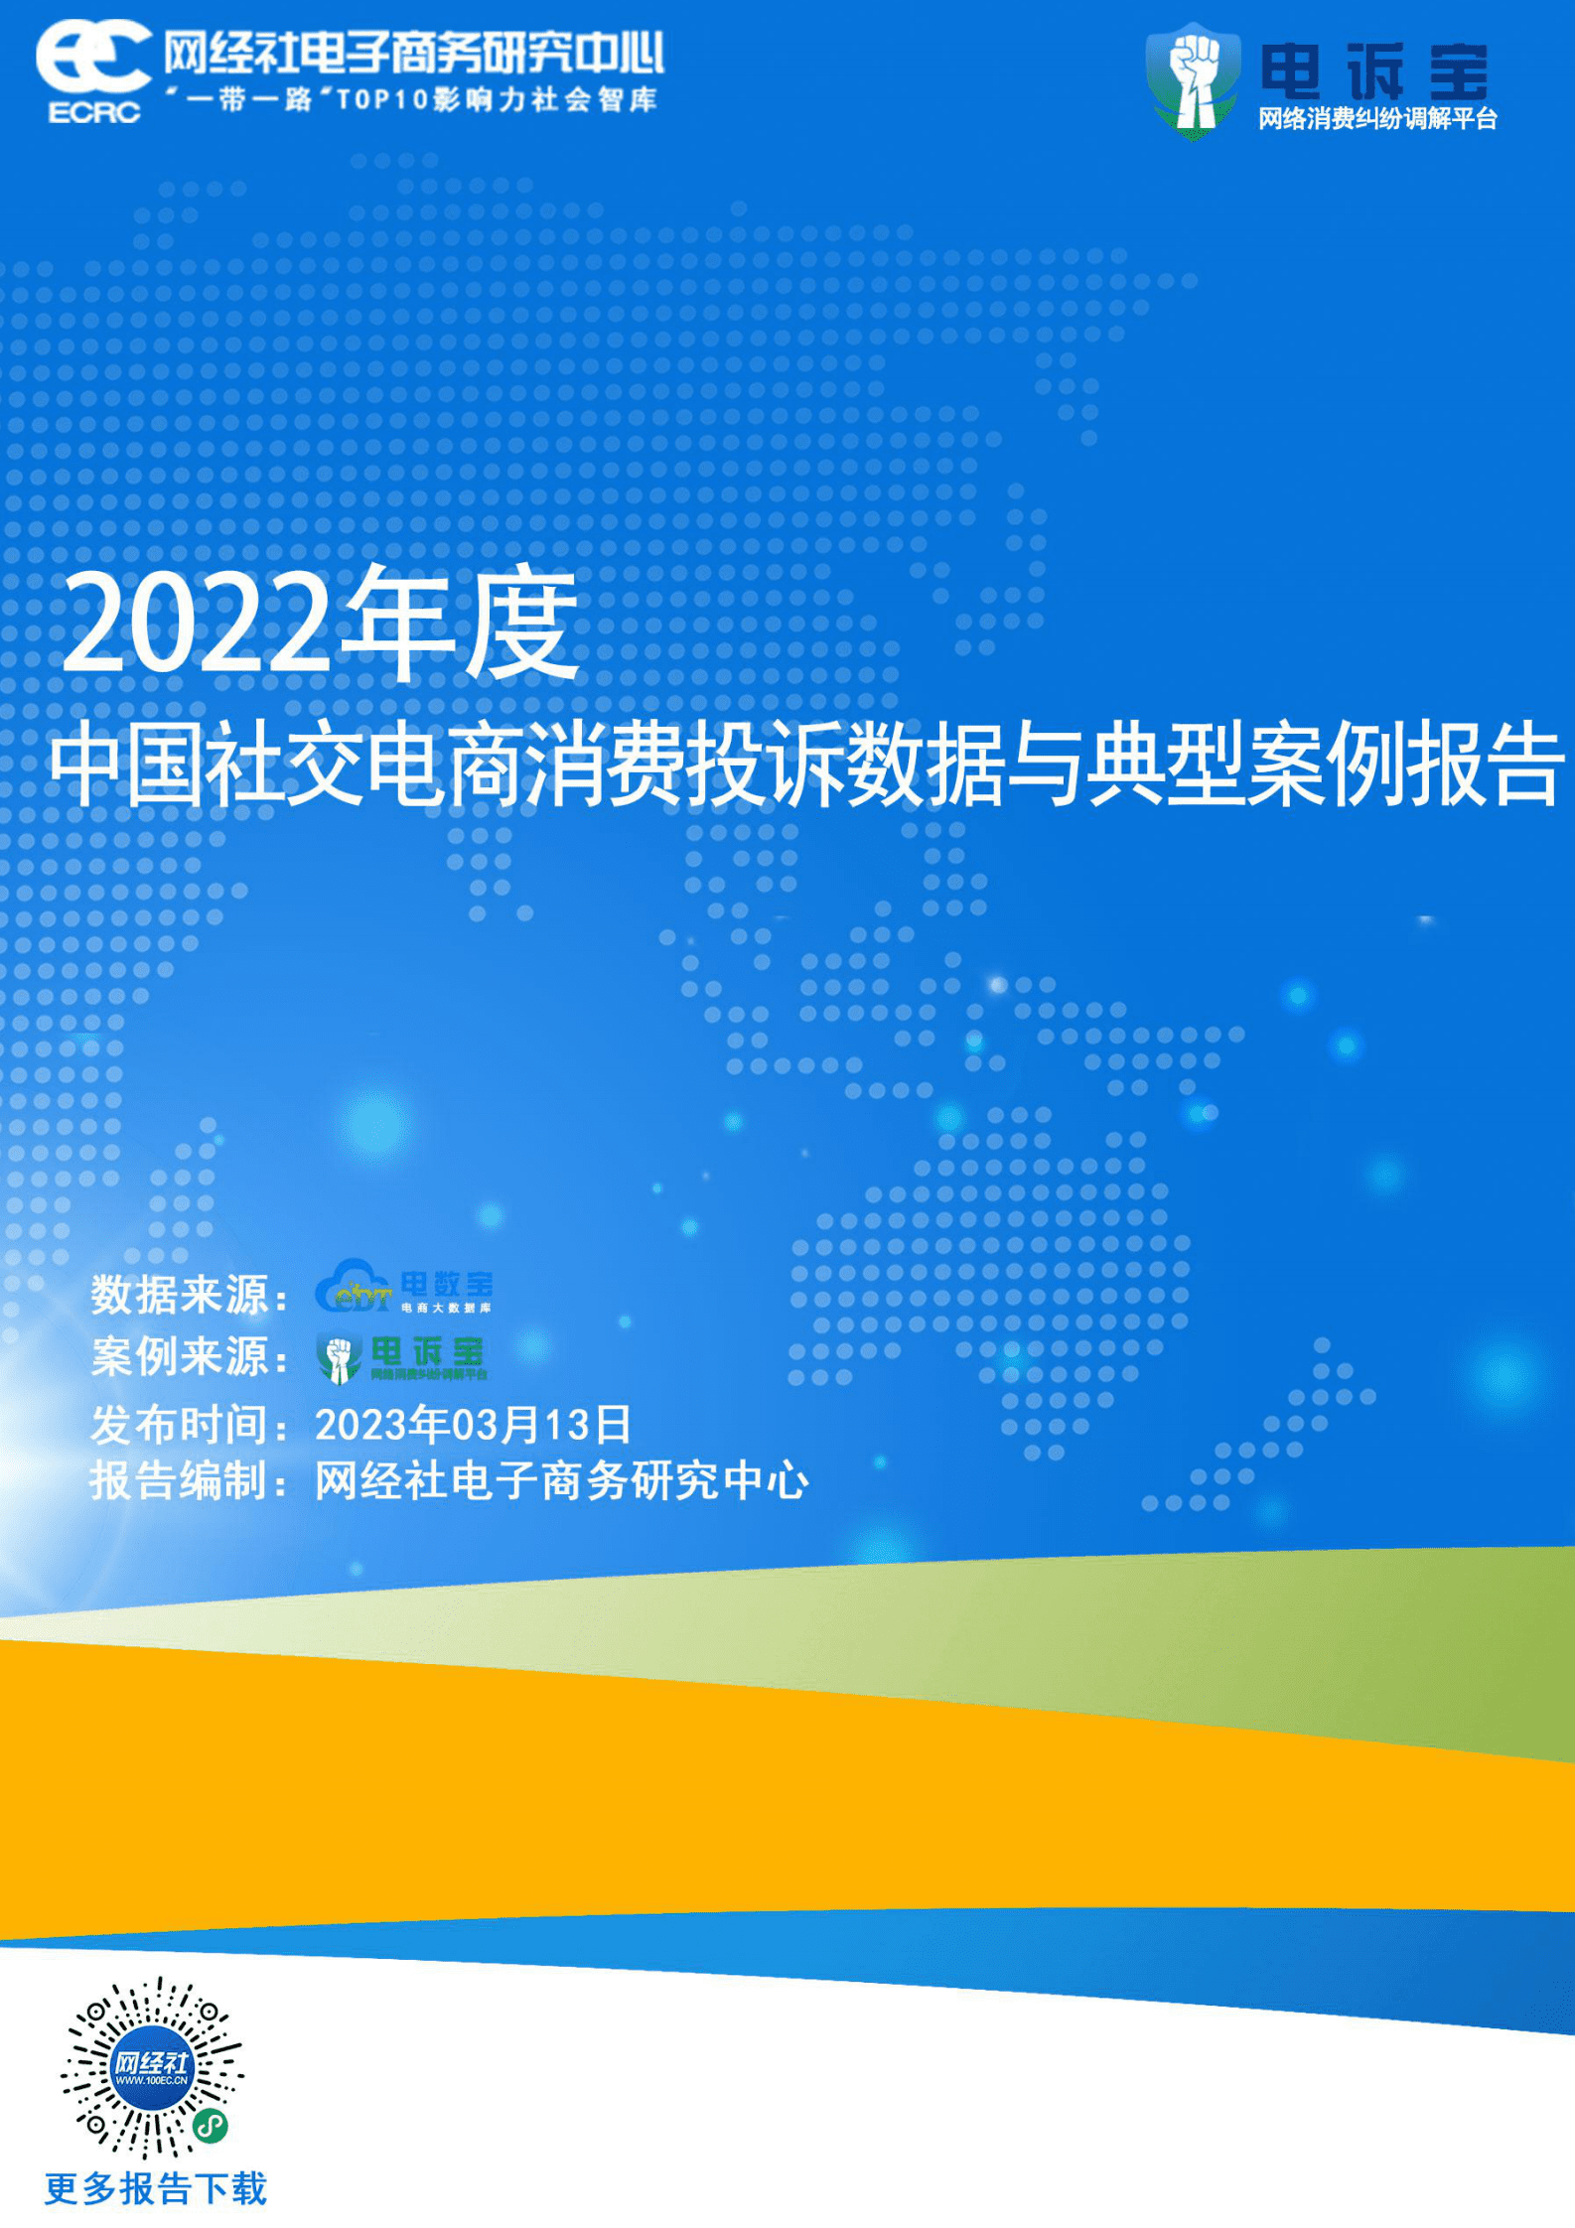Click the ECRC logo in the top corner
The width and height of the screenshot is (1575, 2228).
[92, 71]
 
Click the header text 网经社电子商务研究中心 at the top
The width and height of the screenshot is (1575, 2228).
[413, 53]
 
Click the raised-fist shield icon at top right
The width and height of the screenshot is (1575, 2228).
[1193, 80]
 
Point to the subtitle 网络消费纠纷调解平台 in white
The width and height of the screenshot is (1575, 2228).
[1377, 119]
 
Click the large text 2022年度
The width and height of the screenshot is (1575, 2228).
[321, 625]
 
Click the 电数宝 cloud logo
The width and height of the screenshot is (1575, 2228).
[403, 1287]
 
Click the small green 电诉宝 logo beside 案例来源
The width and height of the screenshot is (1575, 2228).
[401, 1357]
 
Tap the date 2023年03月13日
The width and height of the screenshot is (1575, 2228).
[473, 1425]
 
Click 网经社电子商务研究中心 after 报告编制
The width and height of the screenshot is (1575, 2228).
[562, 1481]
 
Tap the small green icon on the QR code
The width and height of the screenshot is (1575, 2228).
[211, 2125]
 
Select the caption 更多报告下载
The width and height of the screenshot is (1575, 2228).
[156, 2189]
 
